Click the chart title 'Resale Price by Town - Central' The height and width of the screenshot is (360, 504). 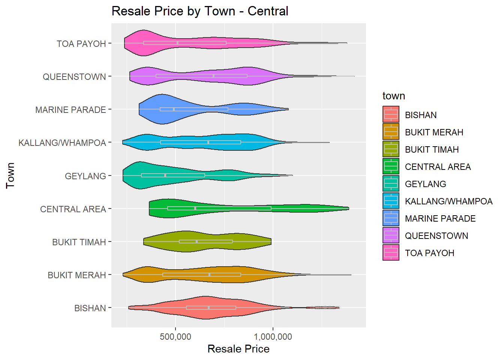tap(200, 11)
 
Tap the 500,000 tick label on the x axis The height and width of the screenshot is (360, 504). tap(175, 337)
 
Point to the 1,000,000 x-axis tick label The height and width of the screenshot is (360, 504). tap(273, 337)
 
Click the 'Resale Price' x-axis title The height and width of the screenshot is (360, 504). tap(238, 349)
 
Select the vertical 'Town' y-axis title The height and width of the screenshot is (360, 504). tap(10, 175)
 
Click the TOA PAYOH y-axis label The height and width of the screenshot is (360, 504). tap(81, 44)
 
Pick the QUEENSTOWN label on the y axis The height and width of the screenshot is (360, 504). tap(74, 77)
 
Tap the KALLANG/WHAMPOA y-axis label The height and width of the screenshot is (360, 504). tap(62, 143)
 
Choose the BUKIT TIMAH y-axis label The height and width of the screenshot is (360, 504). tap(79, 242)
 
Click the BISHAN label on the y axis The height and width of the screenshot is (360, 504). tap(90, 308)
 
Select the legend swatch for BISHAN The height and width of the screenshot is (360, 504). tap(391, 115)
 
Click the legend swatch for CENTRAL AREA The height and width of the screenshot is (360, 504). tap(391, 166)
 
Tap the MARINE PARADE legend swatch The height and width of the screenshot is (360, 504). tap(391, 218)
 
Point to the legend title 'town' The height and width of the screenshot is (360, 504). tap(394, 96)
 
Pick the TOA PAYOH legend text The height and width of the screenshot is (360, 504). tap(429, 253)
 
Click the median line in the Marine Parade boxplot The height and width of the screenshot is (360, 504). tap(174, 109)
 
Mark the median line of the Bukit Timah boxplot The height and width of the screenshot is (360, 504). tap(196, 241)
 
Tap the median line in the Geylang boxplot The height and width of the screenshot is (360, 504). tap(165, 175)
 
